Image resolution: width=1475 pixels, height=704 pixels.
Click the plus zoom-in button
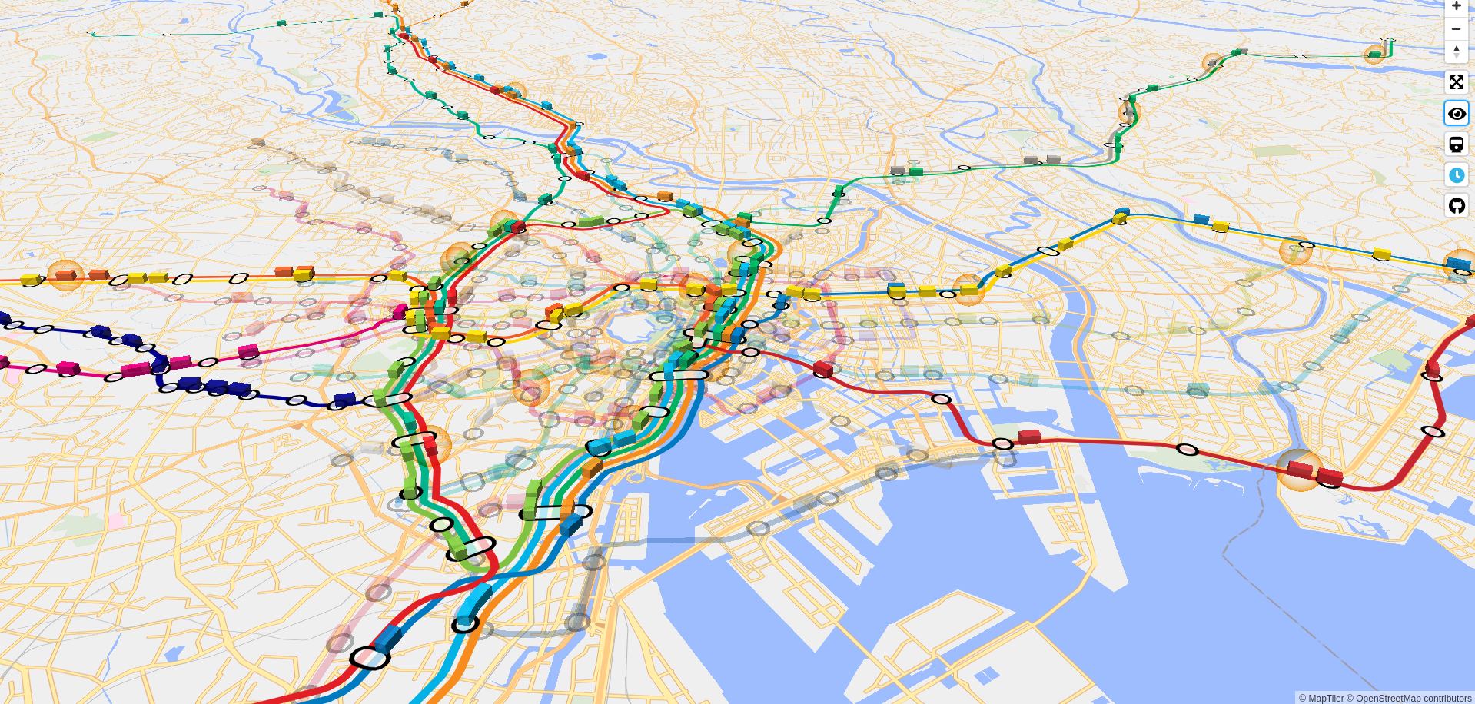pos(1456,7)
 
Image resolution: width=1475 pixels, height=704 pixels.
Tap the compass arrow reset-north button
pos(1456,51)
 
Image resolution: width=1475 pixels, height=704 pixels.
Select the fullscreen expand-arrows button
pos(1456,82)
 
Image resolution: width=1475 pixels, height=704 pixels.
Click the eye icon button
pos(1456,114)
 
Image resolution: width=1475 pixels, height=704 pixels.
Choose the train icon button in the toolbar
pos(1456,144)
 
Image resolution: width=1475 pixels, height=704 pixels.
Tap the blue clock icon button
pos(1456,175)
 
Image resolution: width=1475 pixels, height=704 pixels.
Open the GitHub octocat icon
pos(1456,206)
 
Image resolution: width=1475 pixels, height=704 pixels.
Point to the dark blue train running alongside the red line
pos(388,637)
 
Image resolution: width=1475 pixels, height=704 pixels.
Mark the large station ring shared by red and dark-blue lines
pos(370,658)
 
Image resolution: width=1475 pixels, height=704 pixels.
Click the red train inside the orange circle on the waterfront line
pos(1299,468)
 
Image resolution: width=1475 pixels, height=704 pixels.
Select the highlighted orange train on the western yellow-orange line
pos(65,274)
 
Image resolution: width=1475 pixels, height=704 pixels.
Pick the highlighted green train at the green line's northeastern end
pos(1374,54)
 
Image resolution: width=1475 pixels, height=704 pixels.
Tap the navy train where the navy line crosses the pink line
pos(160,364)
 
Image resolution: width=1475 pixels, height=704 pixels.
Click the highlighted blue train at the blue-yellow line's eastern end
pos(1458,263)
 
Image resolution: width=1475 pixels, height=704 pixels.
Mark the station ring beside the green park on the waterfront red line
pos(1188,450)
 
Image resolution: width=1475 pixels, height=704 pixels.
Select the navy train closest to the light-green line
pos(344,399)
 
